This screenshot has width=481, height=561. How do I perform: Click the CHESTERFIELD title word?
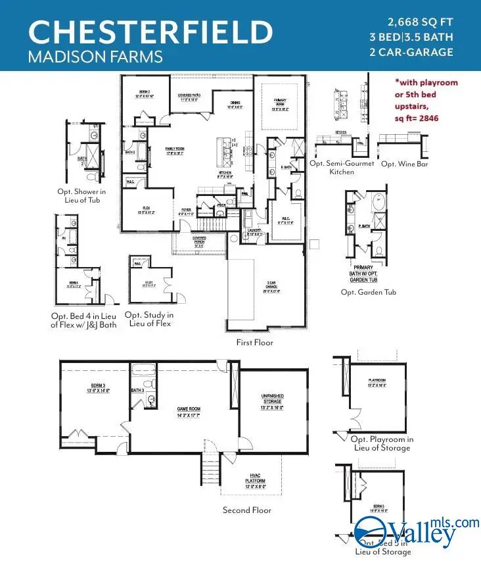click(x=150, y=32)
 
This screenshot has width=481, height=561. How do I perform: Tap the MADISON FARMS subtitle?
click(x=95, y=57)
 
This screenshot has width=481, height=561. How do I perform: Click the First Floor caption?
click(x=254, y=343)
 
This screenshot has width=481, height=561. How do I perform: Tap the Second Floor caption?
click(x=246, y=510)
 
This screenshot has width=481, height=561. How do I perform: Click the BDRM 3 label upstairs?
click(x=94, y=387)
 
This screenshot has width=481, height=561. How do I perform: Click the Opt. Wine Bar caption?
click(x=404, y=163)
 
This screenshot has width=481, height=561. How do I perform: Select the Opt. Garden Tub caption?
click(x=367, y=292)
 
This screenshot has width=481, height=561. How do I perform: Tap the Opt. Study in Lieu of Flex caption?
click(x=148, y=318)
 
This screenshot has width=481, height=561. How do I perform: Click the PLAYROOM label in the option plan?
click(x=376, y=383)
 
